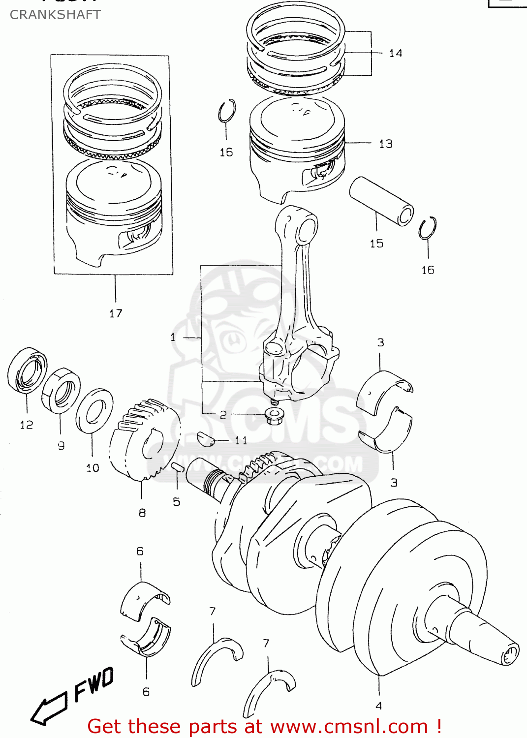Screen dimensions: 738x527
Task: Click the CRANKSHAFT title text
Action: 55,15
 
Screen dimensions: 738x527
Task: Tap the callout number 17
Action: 116,313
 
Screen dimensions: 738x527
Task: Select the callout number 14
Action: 395,53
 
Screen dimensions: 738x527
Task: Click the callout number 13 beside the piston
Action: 385,144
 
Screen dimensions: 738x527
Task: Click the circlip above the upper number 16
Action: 227,111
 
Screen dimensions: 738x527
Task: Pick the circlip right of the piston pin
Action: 428,228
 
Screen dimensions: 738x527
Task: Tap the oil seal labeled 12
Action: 28,370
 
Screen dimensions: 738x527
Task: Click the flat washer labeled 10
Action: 94,411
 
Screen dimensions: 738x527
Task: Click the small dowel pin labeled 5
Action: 178,467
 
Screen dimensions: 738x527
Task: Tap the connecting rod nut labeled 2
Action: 272,416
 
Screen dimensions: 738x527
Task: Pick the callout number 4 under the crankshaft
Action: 378,706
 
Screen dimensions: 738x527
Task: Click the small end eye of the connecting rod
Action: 305,229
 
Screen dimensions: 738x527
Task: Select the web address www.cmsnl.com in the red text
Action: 349,727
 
